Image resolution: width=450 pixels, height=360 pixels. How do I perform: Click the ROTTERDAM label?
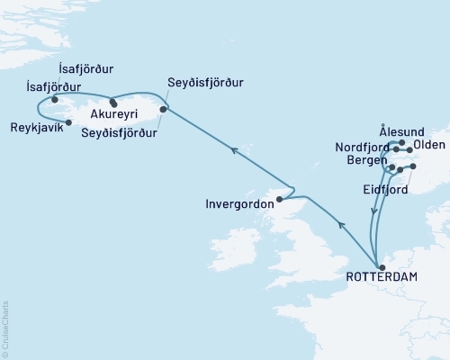tap(382, 277)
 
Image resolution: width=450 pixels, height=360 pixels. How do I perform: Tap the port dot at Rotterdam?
tap(382, 266)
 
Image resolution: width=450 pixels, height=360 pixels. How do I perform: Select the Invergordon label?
tap(245, 203)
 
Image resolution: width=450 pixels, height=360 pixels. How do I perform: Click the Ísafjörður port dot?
tap(67, 99)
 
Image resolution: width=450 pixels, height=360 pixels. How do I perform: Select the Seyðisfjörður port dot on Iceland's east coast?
tap(163, 110)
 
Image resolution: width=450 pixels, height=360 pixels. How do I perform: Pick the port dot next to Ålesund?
tap(401, 141)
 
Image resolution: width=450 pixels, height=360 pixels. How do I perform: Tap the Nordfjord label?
tap(364, 147)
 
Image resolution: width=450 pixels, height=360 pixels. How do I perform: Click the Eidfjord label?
tap(386, 191)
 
